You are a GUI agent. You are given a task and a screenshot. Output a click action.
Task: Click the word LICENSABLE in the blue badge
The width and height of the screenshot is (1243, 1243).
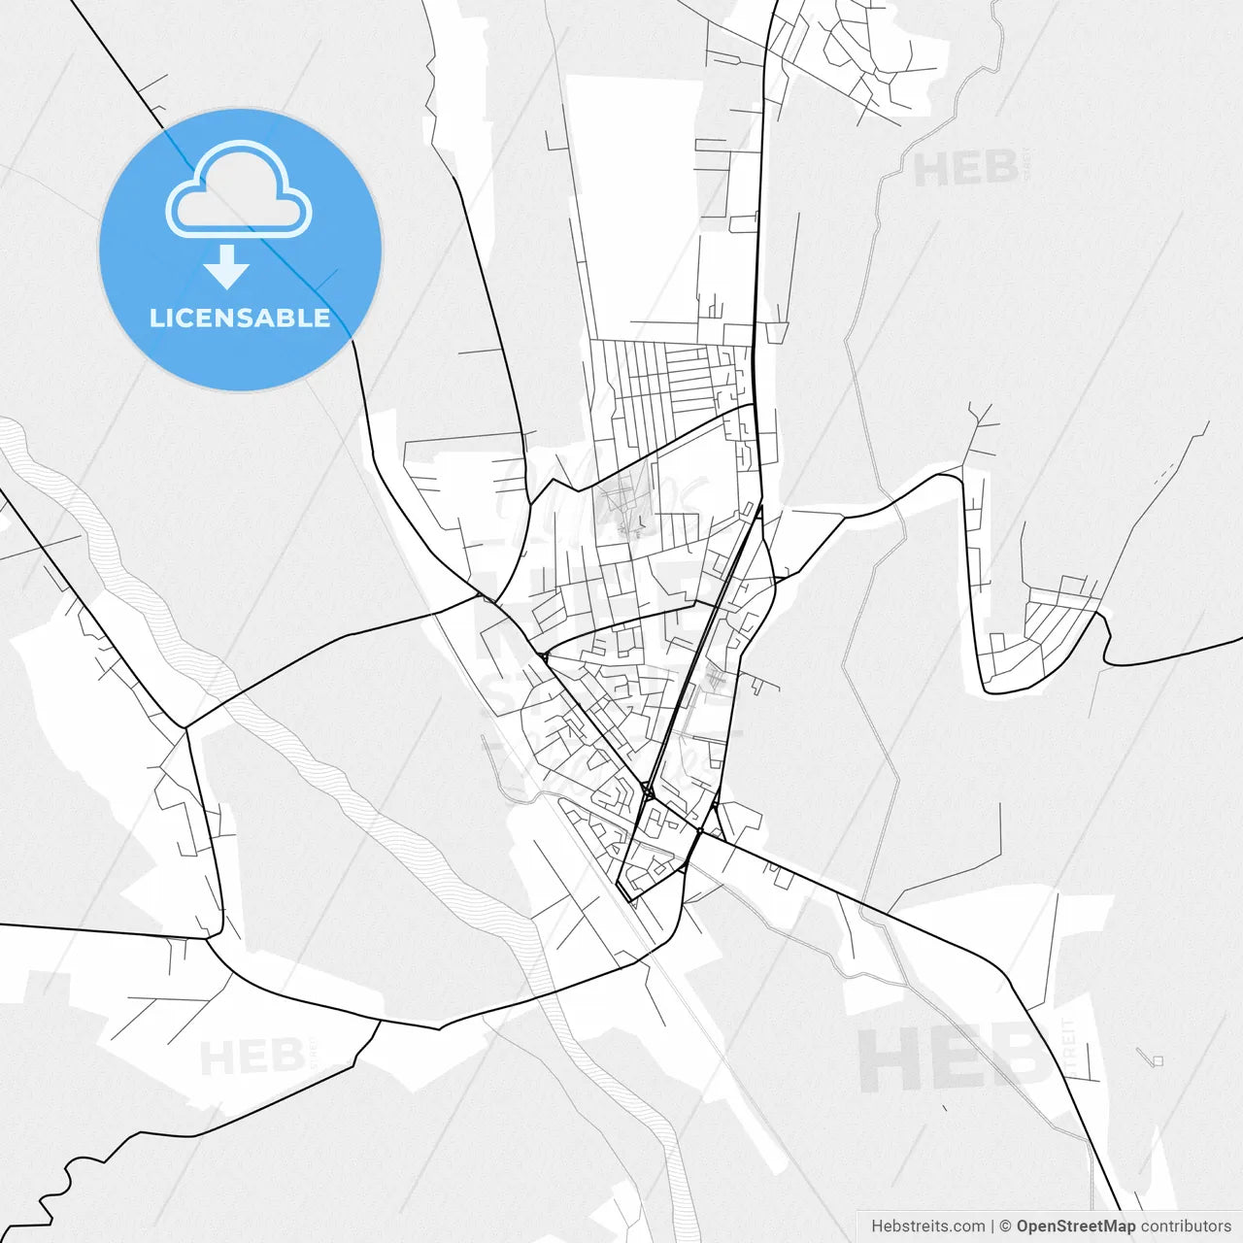[240, 319]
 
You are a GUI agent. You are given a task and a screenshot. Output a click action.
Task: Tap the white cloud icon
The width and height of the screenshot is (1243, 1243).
[239, 189]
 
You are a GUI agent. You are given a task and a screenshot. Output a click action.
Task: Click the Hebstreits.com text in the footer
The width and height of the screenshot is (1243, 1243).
[927, 1226]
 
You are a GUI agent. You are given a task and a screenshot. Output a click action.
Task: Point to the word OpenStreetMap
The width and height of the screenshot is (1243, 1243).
[1075, 1226]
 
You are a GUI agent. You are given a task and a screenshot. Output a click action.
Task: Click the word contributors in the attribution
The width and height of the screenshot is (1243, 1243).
[1186, 1226]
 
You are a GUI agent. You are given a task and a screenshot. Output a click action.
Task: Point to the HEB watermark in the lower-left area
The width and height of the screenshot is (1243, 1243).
[252, 1058]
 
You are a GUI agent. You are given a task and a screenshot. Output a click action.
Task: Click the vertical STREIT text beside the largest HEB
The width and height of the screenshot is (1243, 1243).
[1069, 1047]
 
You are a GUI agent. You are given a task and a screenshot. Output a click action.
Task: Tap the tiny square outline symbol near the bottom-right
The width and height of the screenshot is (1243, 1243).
[1157, 1060]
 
